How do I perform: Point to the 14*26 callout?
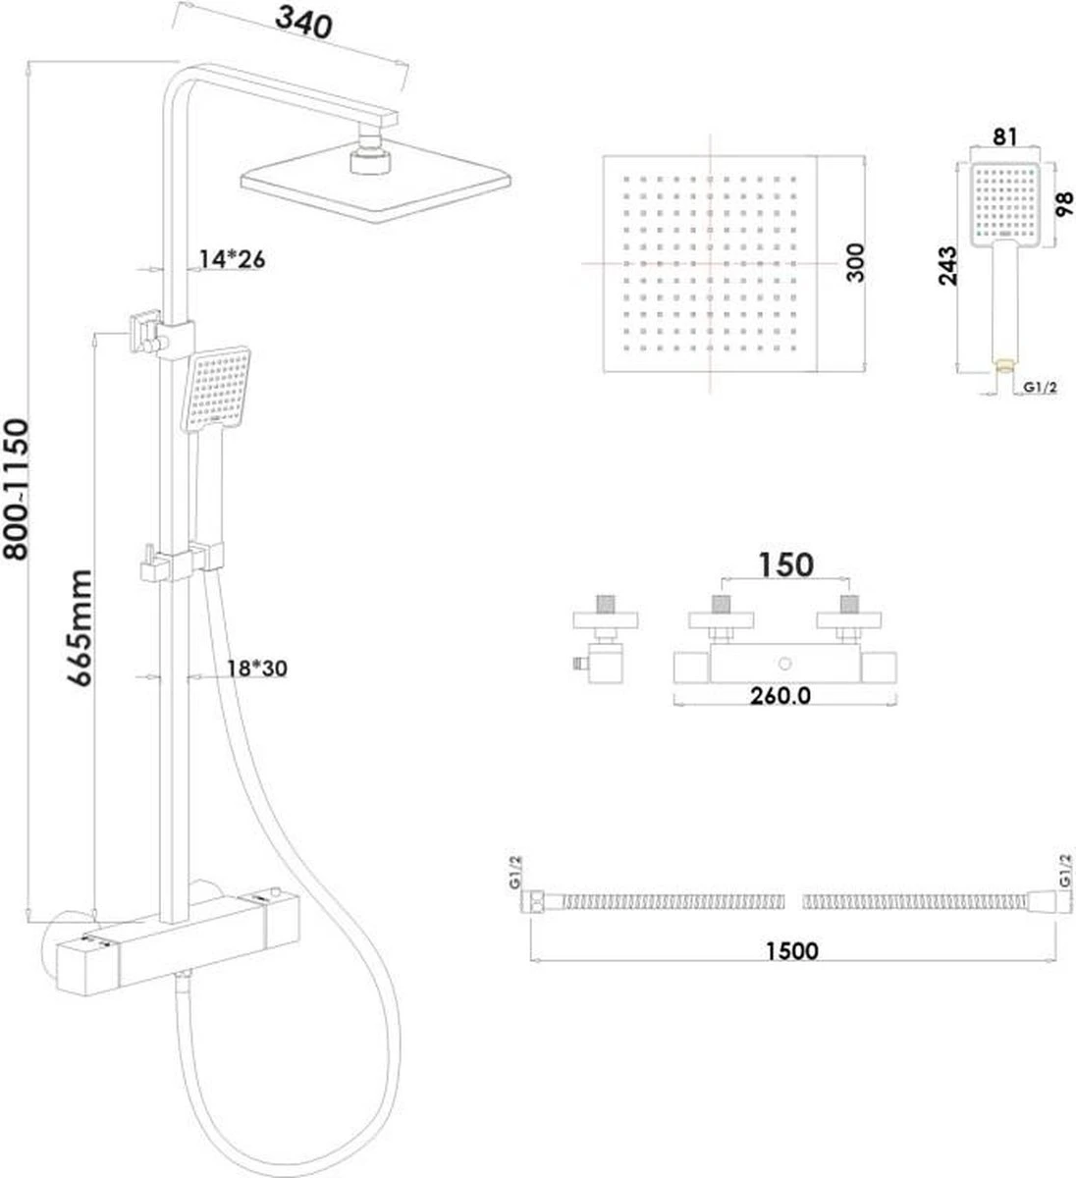click(x=233, y=259)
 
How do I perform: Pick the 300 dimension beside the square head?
click(x=855, y=263)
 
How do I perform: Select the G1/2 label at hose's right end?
click(x=1064, y=871)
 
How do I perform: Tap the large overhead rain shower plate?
click(x=377, y=185)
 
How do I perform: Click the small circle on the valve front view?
click(x=782, y=666)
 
